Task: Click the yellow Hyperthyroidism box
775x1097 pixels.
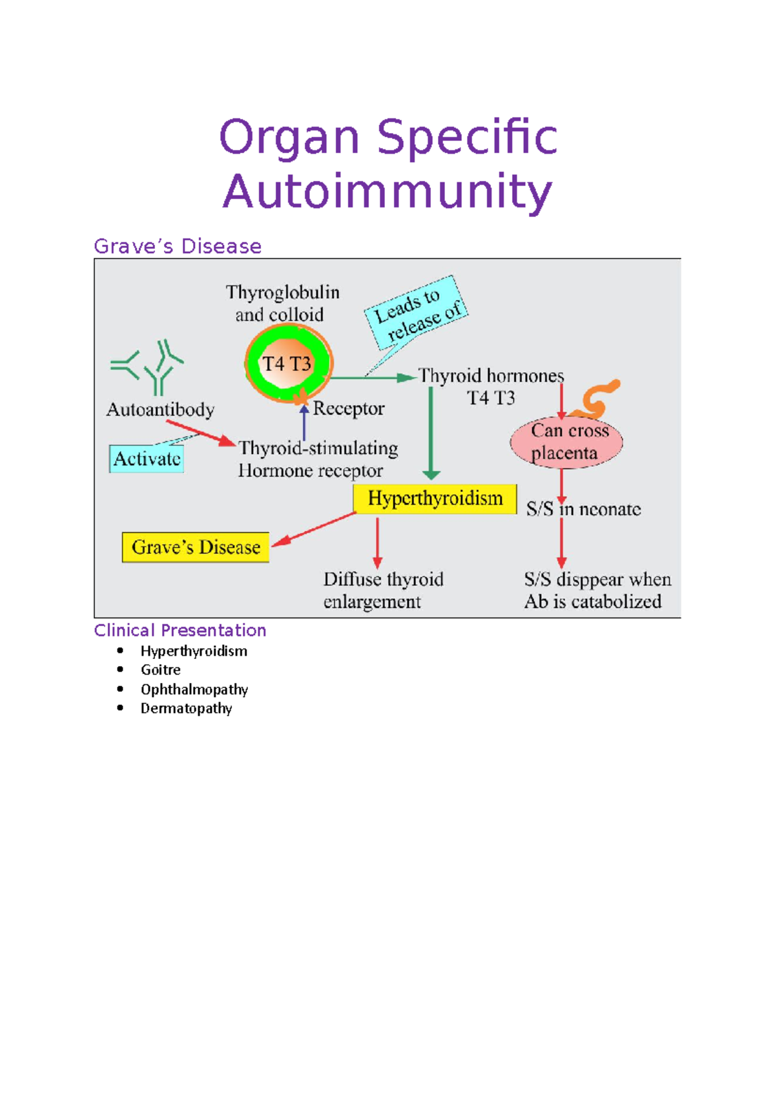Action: tap(435, 499)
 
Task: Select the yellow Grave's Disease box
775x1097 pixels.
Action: tap(196, 547)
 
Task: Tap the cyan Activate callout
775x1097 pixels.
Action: tap(147, 459)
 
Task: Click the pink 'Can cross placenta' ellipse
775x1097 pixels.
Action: tap(566, 442)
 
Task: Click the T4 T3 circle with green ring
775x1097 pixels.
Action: tap(288, 364)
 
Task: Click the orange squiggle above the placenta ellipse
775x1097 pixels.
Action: tap(597, 397)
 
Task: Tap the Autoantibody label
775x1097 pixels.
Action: tap(160, 410)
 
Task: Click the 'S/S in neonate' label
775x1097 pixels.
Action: tap(583, 510)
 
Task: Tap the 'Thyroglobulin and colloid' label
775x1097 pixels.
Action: tap(282, 304)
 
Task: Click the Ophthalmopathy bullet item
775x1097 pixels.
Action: tap(194, 689)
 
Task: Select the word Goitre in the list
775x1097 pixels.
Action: tap(160, 670)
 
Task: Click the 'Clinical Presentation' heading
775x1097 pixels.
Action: tap(180, 630)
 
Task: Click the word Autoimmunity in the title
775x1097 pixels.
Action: tap(387, 192)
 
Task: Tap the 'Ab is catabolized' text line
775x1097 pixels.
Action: tap(592, 601)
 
